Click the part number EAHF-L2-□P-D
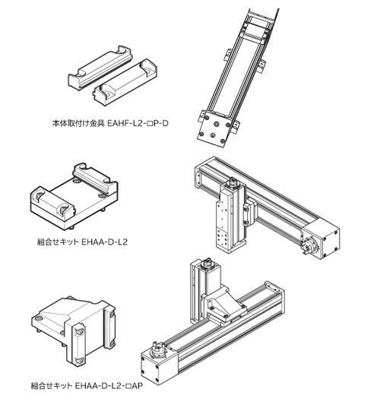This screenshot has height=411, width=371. point(138,123)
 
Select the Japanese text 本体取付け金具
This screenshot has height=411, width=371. point(78,123)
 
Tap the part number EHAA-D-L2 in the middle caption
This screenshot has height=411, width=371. point(105,242)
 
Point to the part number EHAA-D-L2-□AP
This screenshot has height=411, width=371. point(109,386)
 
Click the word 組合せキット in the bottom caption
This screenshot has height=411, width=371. point(52,386)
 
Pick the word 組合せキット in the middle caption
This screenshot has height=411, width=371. point(58,242)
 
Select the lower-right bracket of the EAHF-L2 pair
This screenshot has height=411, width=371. point(125,82)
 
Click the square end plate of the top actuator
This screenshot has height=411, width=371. point(213,131)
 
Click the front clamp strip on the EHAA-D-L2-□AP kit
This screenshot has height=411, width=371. point(79,345)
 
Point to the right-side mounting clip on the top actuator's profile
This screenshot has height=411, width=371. point(262,66)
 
